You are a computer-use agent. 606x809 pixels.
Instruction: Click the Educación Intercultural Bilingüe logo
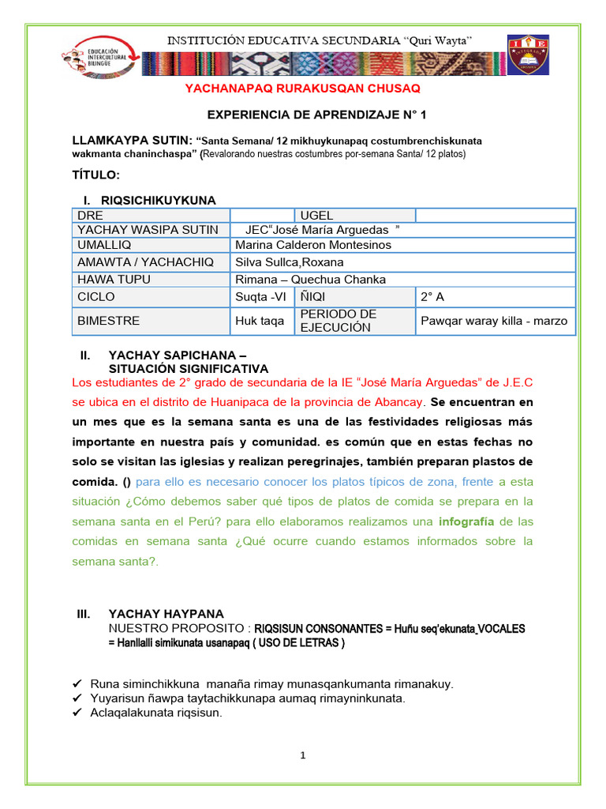tap(95, 58)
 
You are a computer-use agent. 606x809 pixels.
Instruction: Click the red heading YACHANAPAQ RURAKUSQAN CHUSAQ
tap(302, 88)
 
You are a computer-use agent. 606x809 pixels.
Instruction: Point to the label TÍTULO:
tap(96, 174)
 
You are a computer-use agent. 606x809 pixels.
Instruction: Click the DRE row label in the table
tap(91, 215)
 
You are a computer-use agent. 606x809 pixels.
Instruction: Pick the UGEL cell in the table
tap(317, 215)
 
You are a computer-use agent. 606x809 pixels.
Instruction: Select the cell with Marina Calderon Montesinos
tap(313, 245)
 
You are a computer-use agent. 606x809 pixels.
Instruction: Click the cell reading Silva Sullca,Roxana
tap(290, 262)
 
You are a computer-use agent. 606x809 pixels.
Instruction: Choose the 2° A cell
tap(432, 297)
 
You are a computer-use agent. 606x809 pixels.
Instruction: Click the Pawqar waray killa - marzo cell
tap(494, 321)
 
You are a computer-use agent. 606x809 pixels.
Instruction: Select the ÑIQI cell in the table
tap(313, 297)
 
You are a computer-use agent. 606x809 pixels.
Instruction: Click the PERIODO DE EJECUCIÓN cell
tap(338, 321)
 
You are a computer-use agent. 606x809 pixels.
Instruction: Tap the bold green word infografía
tap(466, 521)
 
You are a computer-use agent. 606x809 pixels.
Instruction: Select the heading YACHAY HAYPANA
tap(166, 613)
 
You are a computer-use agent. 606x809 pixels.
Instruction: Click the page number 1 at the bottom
tap(302, 756)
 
